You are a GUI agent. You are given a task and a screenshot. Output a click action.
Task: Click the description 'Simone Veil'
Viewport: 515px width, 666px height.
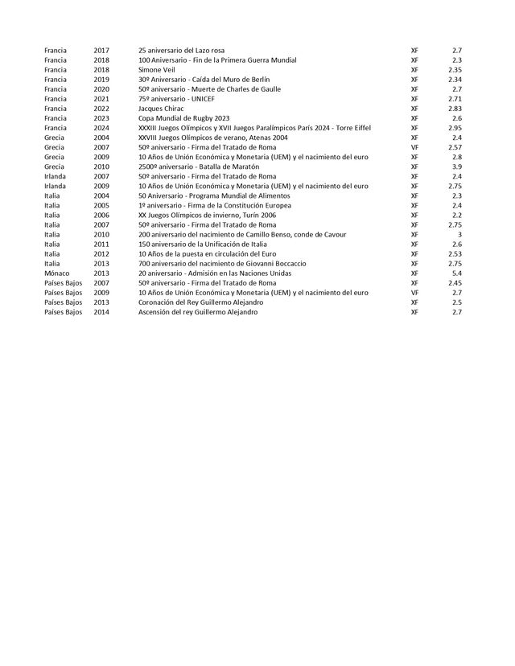[157, 70]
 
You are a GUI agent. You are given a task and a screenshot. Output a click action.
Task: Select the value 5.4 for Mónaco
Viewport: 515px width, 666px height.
[456, 273]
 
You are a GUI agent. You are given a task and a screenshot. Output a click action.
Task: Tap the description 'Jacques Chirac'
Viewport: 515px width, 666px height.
[161, 109]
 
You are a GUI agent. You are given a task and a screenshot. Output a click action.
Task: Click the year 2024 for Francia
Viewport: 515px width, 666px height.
[101, 128]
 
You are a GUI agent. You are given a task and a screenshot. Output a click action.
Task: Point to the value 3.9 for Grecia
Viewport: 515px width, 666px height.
[456, 166]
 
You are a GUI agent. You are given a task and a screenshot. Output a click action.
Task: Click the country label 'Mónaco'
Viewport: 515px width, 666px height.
[57, 273]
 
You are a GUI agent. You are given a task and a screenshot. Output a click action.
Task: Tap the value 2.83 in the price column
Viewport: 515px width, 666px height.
[455, 109]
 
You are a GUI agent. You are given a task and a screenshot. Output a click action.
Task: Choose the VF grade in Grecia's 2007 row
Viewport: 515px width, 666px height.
[414, 147]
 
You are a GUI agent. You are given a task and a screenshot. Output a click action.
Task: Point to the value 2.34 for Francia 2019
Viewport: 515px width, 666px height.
[455, 80]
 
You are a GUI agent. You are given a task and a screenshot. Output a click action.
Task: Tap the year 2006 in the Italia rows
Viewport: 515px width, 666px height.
[101, 215]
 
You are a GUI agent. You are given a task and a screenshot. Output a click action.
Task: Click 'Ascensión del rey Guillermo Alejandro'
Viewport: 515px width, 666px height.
[199, 311]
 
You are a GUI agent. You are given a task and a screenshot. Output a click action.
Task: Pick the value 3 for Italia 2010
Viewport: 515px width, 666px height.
[459, 234]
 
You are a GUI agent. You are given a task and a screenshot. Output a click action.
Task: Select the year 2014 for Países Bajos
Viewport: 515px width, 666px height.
[101, 311]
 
